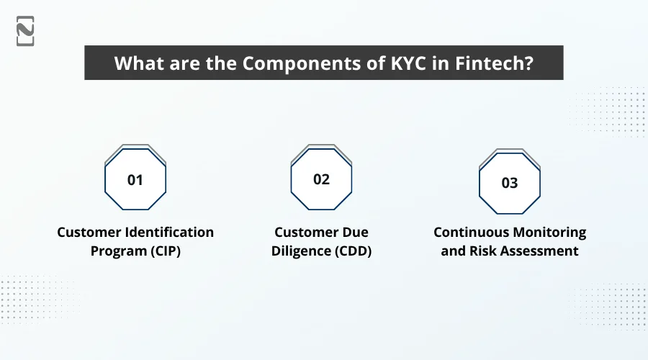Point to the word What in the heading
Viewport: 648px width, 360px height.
136,63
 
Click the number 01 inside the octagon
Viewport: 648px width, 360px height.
135,180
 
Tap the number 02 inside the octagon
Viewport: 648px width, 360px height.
321,179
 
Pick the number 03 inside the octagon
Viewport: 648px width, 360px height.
509,183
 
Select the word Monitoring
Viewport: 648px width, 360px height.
552,233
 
